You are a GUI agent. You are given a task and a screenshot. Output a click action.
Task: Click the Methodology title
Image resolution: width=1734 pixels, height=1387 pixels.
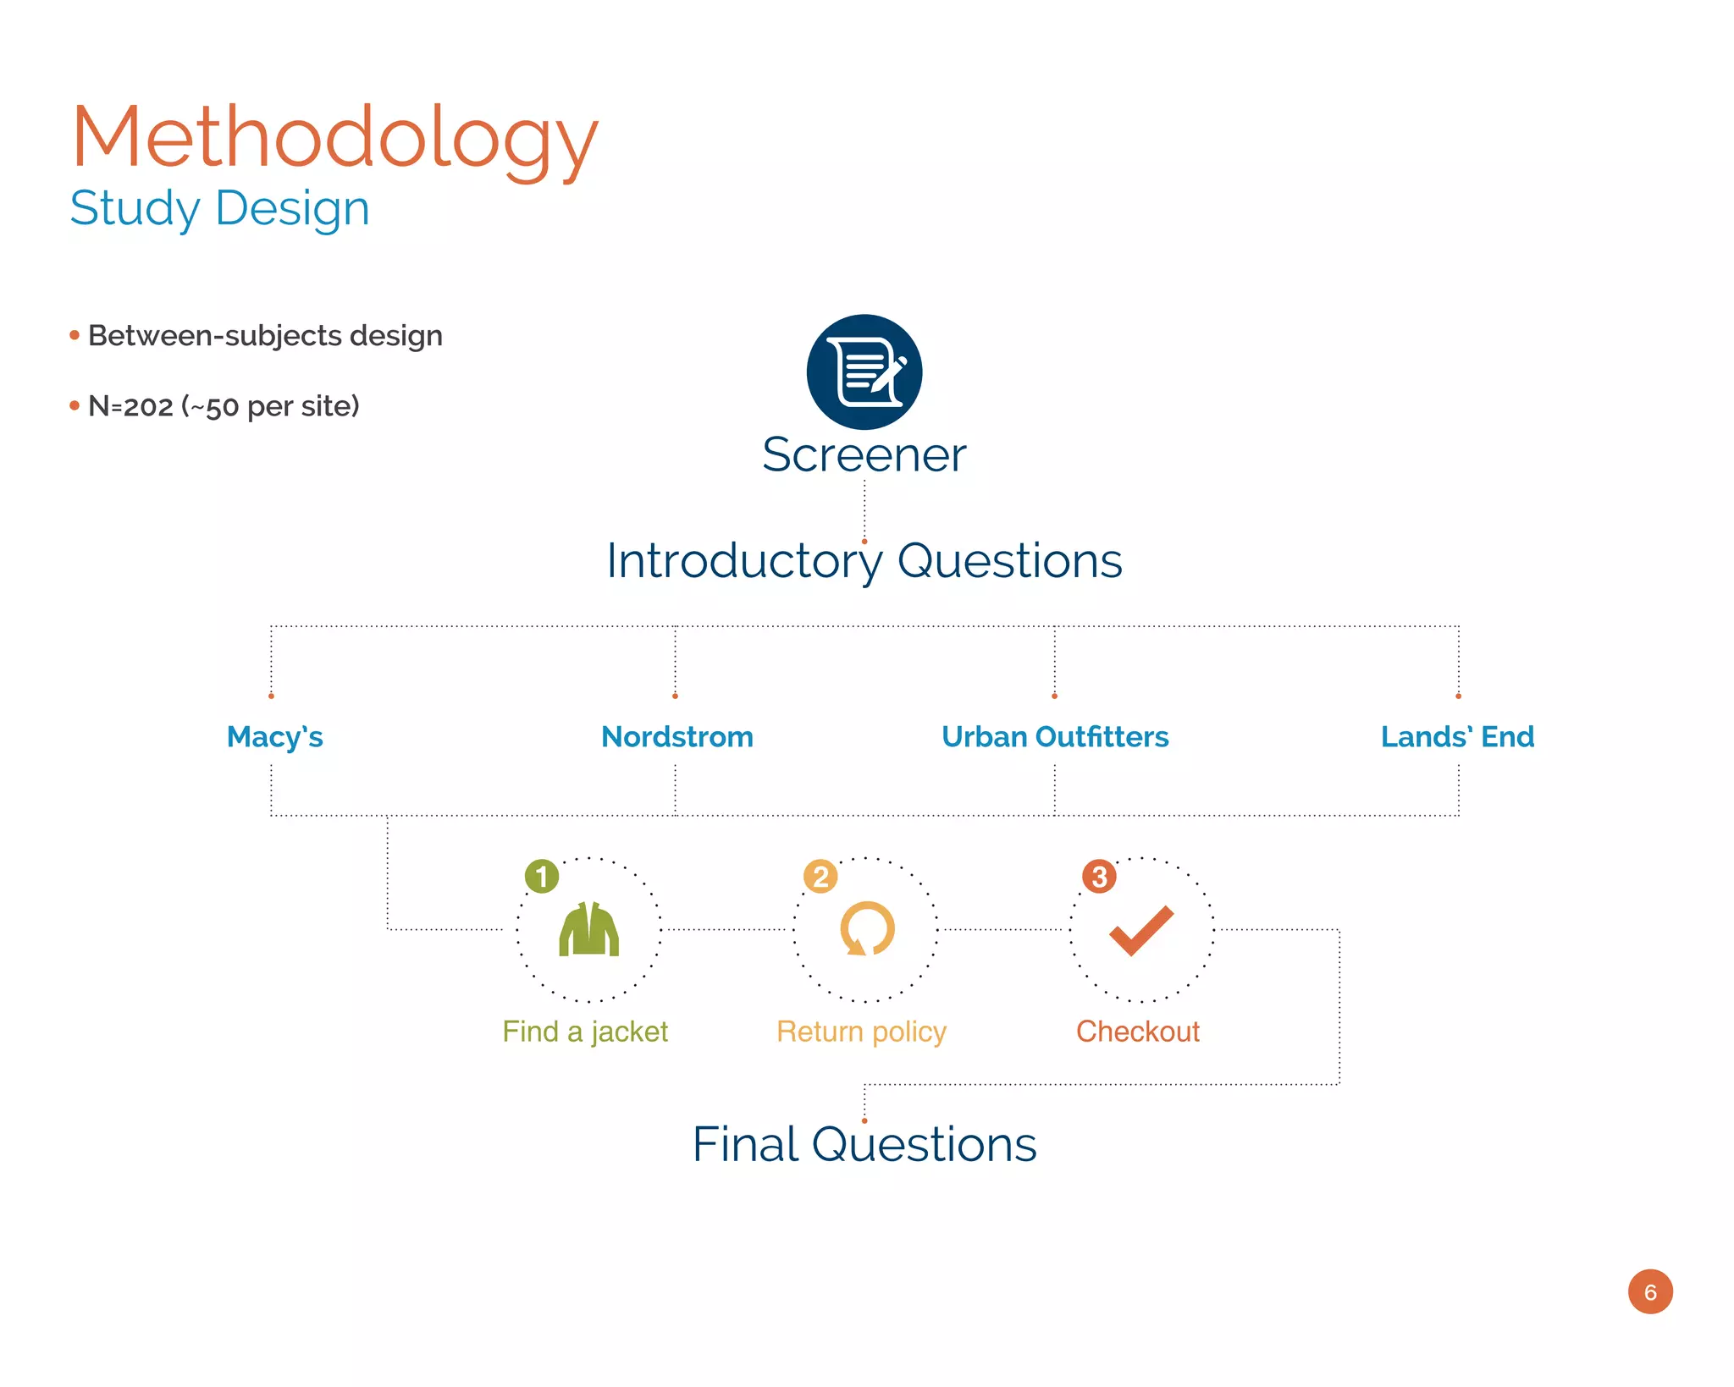[335, 137]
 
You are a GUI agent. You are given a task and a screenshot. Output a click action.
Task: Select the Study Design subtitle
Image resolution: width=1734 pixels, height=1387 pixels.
[220, 208]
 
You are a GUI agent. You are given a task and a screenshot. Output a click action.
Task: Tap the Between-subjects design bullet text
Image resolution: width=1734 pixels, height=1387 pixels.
[265, 336]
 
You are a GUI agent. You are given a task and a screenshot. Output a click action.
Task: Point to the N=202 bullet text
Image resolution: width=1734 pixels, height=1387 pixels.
[224, 406]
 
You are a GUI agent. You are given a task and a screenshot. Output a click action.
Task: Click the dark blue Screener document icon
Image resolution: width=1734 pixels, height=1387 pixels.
[864, 372]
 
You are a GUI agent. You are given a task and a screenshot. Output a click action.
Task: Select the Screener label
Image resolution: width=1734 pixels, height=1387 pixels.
[864, 454]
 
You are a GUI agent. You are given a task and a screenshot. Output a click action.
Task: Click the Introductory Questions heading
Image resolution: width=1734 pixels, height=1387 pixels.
[864, 561]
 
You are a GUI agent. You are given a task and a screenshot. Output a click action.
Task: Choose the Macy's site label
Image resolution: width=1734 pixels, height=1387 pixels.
[275, 737]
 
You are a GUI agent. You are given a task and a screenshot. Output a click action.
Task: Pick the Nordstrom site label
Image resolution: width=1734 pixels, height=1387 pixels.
[677, 737]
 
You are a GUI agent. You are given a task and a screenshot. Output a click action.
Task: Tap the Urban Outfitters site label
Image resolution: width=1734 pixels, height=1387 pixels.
[1055, 737]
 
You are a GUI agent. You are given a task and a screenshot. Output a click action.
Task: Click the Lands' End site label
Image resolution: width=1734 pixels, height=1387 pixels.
[1457, 737]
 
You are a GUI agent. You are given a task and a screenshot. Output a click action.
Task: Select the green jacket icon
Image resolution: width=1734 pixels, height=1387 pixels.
[589, 929]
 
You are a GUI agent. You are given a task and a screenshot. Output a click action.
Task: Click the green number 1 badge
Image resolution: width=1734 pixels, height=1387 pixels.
[542, 877]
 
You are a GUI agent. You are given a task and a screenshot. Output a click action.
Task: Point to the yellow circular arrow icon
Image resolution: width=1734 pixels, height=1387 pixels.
[866, 929]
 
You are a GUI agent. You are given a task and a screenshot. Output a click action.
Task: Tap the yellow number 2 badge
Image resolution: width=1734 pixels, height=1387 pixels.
[820, 877]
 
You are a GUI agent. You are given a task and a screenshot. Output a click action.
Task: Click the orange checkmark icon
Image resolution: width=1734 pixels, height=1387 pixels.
[1141, 930]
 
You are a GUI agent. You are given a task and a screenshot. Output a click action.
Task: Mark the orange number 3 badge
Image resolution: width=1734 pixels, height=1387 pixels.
[1099, 877]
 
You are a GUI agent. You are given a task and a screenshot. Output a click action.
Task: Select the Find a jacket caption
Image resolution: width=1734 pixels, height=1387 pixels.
[585, 1032]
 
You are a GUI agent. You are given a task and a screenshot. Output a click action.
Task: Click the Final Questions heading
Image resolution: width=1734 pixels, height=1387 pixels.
[864, 1145]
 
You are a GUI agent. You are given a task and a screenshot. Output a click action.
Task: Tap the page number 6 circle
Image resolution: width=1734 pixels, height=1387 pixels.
[1650, 1292]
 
